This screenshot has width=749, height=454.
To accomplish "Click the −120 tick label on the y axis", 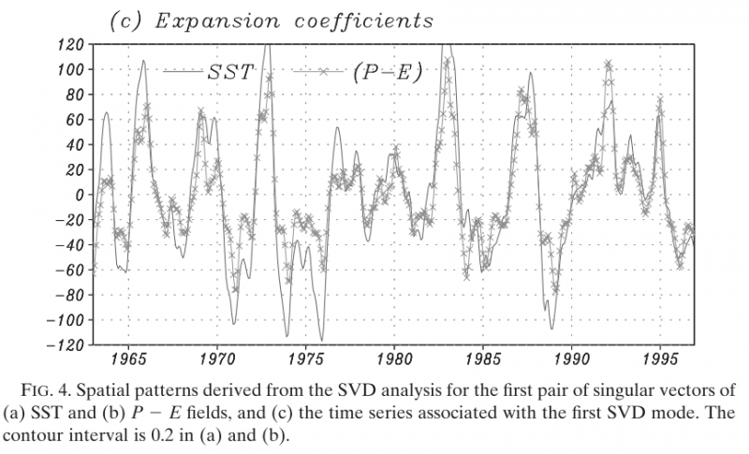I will coord(66,345).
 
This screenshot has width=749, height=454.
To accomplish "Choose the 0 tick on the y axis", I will coord(81,195).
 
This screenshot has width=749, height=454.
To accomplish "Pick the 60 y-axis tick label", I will coord(76,120).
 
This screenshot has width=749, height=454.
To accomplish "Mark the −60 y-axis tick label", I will coord(69,271).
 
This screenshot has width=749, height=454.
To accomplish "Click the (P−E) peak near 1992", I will coord(609,65).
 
